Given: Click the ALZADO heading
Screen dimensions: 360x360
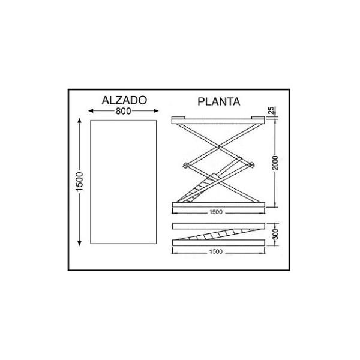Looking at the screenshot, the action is tap(124, 100).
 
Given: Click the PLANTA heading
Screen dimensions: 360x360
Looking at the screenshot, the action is tap(219, 102).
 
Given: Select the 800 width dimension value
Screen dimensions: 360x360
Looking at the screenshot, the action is tap(123, 111).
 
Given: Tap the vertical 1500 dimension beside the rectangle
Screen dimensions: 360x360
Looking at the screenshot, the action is tap(79, 181).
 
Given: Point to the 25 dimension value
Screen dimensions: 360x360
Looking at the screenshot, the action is tap(271, 110).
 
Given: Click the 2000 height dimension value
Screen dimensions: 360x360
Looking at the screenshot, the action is tap(275, 163).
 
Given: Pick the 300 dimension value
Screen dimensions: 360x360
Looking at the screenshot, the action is tap(275, 234).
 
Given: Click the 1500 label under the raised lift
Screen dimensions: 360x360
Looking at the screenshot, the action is tap(216, 212).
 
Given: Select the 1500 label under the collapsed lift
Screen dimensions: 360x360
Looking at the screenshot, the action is tap(216, 251).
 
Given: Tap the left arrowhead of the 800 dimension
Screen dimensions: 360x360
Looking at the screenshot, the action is tap(91, 111).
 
